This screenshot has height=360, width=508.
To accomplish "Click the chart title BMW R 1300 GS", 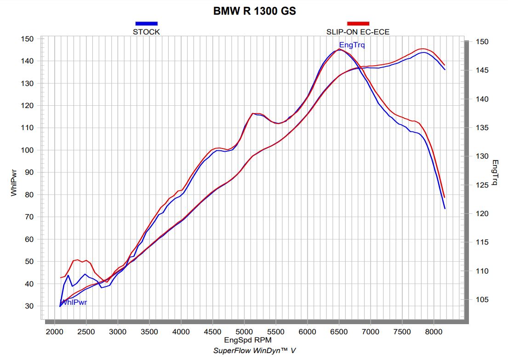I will click(x=254, y=11).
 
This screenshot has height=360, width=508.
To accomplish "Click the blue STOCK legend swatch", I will click(x=146, y=23).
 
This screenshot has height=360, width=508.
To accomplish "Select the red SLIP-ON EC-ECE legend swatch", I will click(x=358, y=23).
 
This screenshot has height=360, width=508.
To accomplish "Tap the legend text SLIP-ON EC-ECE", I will click(x=358, y=32).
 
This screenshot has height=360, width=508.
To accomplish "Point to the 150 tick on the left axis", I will click(x=27, y=39).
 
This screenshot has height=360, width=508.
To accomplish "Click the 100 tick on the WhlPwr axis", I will click(x=27, y=150).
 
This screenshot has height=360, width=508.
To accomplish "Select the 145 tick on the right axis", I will click(x=479, y=70).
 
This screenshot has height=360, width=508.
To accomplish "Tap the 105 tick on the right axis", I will click(x=479, y=300).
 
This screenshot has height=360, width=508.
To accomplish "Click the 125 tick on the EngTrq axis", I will click(x=479, y=185).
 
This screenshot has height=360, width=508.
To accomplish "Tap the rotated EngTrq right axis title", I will click(x=495, y=172).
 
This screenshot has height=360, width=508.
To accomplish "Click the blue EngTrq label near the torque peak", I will click(x=352, y=45).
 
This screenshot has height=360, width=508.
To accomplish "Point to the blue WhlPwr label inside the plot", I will click(x=74, y=302).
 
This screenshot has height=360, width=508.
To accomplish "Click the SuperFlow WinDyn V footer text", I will click(x=254, y=350).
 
